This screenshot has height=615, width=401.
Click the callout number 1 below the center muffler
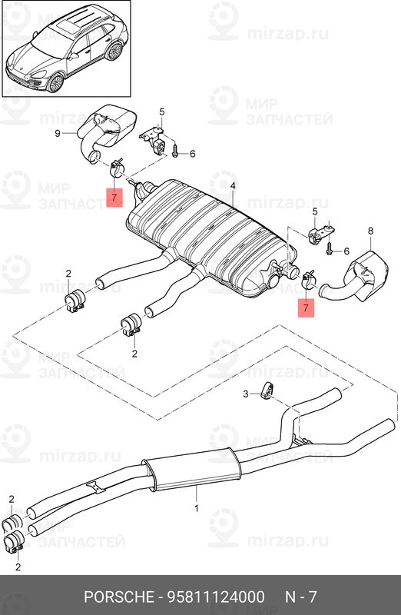point(196,509)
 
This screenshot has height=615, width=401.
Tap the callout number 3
point(246,394)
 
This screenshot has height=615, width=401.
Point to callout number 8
point(370,231)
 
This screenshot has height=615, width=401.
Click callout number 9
point(58,134)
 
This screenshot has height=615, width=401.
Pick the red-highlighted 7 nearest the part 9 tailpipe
point(114,198)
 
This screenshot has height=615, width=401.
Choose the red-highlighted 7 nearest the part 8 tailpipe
point(307,308)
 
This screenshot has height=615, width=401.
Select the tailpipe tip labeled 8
point(356,280)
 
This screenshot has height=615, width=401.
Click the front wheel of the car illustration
point(55,81)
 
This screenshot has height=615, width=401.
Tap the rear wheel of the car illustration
point(114,51)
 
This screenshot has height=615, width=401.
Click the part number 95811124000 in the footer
point(216,597)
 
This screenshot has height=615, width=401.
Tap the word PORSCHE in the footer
point(119,597)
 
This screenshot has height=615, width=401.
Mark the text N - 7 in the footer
point(300,597)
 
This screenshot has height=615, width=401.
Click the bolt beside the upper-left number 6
point(175,150)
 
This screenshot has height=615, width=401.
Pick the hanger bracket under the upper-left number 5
point(154,139)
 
